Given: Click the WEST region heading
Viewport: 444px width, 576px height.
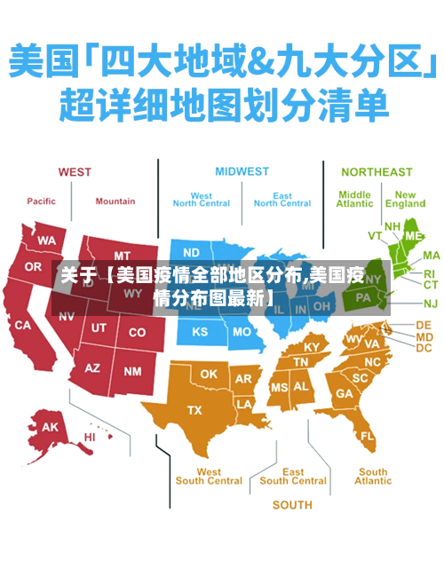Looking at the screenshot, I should coord(75,171).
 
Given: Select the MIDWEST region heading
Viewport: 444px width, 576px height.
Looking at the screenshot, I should coord(242,171).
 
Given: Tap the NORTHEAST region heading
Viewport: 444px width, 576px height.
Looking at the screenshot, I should coord(377,171).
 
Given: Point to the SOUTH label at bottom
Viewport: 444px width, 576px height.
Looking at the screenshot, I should coord(292,505).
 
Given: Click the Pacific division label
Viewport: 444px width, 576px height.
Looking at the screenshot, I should coord(41,201).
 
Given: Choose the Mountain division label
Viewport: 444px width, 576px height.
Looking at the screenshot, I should coord(115,201).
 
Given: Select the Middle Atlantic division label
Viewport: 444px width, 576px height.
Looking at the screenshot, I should coord(354,199).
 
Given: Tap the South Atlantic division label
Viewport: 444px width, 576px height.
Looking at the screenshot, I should coord(373,477).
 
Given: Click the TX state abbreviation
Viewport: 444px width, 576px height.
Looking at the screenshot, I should coord(194,409).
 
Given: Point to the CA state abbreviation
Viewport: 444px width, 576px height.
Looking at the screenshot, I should coord(23,325).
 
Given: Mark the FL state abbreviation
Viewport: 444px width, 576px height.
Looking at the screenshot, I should coord(367,437).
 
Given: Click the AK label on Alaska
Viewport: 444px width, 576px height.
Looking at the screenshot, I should coord(50,427).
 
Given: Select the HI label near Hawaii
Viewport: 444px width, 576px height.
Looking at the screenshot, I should coord(90,437).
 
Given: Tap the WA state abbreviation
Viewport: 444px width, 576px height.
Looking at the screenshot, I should coord(46,241).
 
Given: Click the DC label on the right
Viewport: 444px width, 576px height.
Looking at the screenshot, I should coord(424,348).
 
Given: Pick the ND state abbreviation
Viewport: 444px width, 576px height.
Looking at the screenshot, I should coord(191,252).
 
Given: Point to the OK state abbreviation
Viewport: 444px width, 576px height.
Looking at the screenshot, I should coord(208,374).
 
